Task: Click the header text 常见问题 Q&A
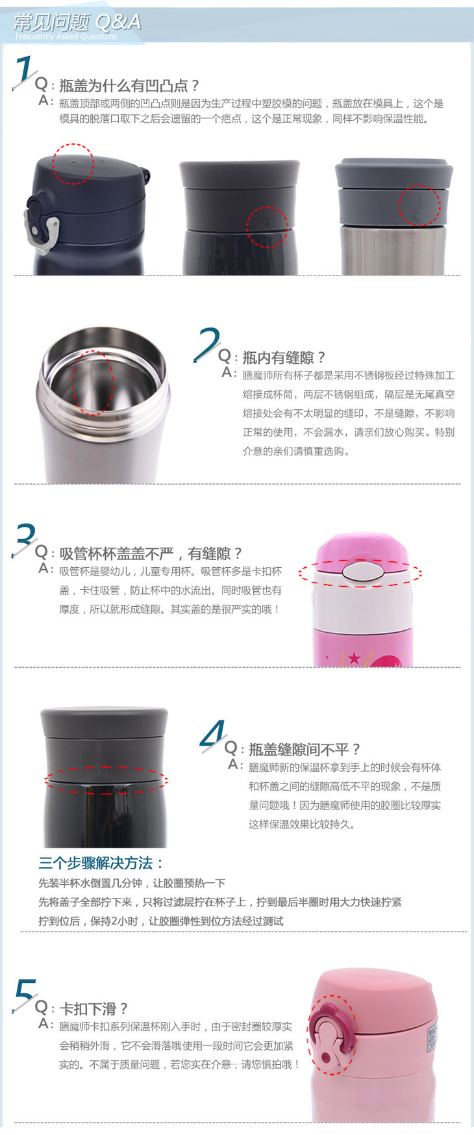77,22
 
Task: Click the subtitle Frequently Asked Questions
66,37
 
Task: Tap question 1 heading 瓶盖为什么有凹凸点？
129,85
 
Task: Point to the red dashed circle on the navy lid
73,163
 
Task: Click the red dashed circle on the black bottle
267,227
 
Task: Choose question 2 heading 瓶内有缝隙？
284,357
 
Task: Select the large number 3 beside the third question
25,539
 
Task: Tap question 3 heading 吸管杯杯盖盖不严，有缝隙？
151,554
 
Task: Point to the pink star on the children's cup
354,658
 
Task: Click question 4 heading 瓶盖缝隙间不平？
304,749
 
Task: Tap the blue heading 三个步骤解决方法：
101,863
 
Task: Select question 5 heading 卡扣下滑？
94,1009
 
